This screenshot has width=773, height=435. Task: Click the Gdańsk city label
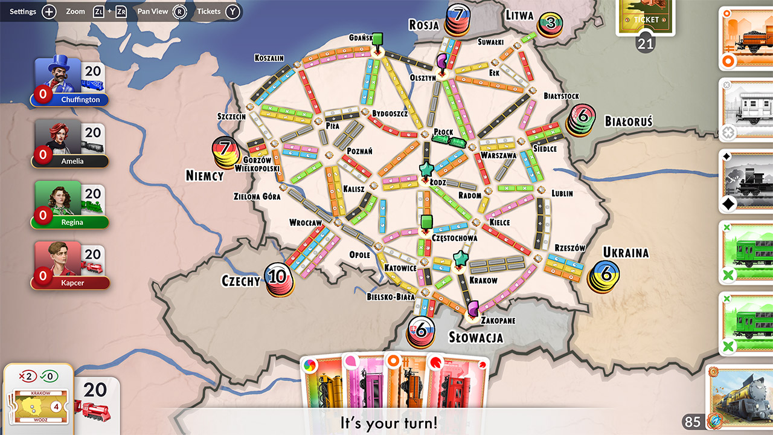click(x=360, y=37)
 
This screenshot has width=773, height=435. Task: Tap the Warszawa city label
click(x=498, y=155)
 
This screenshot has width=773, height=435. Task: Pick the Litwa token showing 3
click(x=550, y=24)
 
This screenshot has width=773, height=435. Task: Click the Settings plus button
click(x=49, y=11)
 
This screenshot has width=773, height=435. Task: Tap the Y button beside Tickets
click(x=233, y=11)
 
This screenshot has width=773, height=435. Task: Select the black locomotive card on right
click(x=746, y=181)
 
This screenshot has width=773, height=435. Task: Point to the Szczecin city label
click(x=231, y=116)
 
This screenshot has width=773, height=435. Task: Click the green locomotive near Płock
click(x=449, y=141)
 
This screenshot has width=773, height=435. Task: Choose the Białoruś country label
click(x=629, y=121)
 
